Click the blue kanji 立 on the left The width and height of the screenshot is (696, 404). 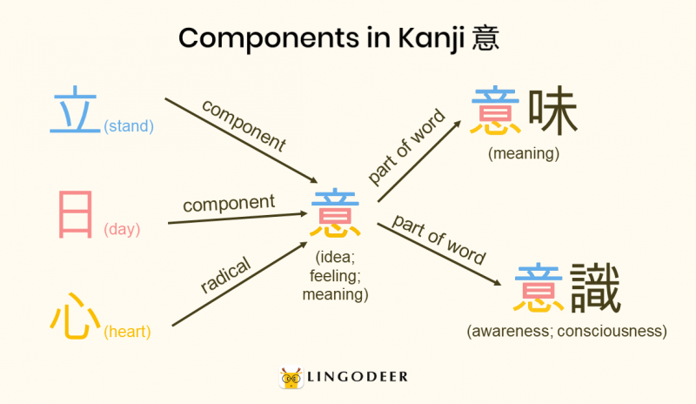76,111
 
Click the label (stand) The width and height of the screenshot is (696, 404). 128,126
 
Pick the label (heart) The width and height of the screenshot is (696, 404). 127,332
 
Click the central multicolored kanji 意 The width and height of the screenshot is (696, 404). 335,214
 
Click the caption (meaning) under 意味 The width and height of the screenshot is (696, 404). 523,154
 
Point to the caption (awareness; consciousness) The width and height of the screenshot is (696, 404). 566,332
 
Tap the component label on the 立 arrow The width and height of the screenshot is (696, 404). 244,125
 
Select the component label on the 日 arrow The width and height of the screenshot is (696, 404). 228,204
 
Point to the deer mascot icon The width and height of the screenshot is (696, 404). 292,377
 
